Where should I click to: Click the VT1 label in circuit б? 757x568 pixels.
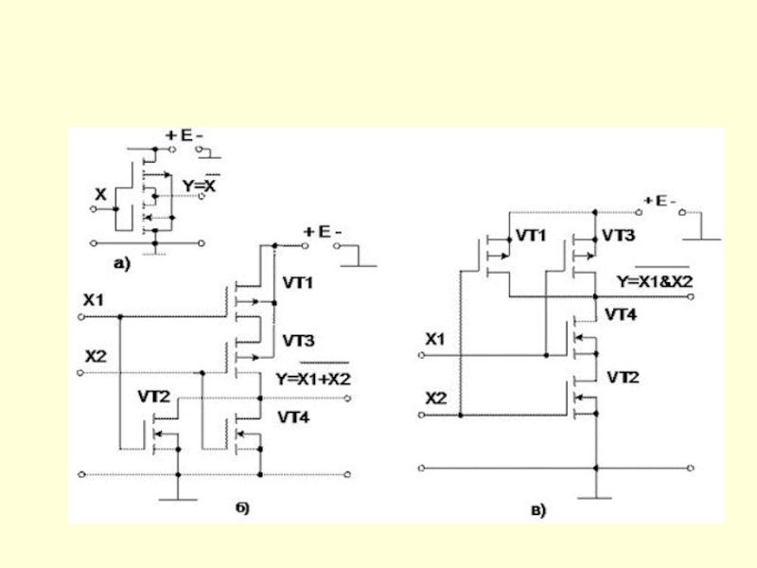click(x=297, y=282)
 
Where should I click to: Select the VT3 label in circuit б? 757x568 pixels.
click(x=298, y=341)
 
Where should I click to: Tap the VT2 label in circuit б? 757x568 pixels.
click(x=154, y=397)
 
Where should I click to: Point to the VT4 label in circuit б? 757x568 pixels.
click(x=293, y=417)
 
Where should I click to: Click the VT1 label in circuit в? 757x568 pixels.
click(x=531, y=235)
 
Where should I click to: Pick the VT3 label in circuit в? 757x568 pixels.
click(x=619, y=235)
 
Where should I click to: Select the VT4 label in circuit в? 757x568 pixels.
click(x=621, y=315)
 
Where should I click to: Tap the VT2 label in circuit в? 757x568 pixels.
click(x=623, y=377)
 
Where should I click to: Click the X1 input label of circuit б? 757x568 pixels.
click(x=94, y=300)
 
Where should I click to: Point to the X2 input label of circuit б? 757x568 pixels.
click(x=96, y=357)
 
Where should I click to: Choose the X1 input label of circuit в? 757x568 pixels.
click(x=435, y=339)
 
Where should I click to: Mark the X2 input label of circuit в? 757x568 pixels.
click(x=436, y=399)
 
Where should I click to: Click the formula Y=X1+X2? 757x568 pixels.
click(x=313, y=379)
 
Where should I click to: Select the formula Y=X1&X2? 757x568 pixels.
click(x=655, y=281)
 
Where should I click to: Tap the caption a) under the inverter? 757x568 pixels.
click(x=122, y=263)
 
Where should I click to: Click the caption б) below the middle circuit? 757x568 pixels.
click(x=243, y=507)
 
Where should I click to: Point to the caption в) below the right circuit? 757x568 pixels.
click(x=538, y=510)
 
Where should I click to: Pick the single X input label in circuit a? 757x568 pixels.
click(x=100, y=195)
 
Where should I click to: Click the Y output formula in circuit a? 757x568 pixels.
click(x=200, y=186)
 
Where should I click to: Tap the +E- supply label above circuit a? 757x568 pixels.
click(x=184, y=135)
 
